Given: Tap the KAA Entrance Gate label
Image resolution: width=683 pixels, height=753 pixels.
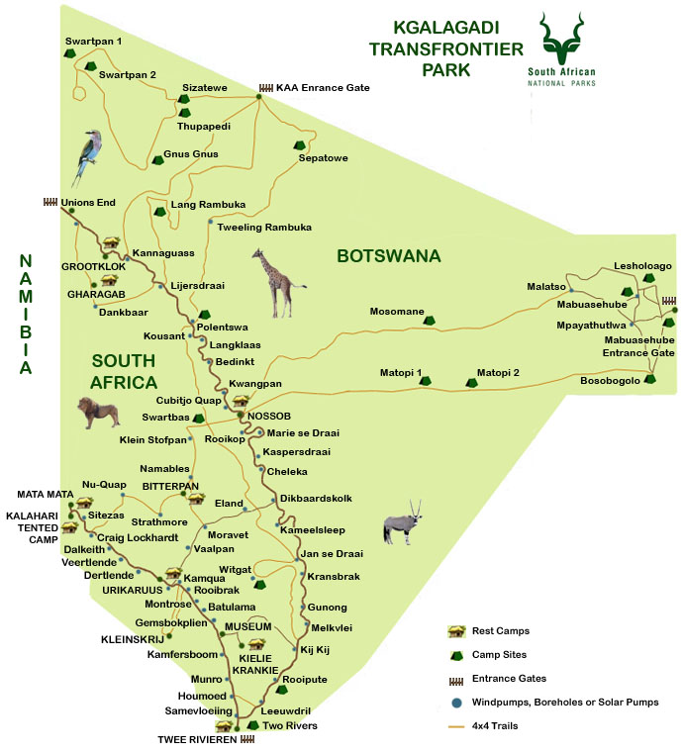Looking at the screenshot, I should (322, 88).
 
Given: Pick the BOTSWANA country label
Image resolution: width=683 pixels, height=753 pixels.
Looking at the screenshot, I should (388, 256).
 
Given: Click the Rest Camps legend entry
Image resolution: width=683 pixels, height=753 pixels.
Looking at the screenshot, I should (501, 630).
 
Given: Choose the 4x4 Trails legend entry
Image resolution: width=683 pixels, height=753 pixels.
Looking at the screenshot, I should (501, 725).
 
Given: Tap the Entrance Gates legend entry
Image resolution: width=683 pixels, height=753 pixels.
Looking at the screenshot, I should (510, 678).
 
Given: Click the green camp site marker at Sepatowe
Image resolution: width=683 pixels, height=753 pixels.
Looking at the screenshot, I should (300, 144).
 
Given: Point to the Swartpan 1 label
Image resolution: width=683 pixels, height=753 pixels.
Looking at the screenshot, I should (93, 41).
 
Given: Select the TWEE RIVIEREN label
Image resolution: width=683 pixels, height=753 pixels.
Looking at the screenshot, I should (197, 739).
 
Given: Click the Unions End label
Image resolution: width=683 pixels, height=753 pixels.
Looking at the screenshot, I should (88, 203).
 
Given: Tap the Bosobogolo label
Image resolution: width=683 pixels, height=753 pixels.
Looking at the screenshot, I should (609, 380).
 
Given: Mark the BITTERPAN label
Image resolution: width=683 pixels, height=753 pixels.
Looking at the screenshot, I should (170, 485).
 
